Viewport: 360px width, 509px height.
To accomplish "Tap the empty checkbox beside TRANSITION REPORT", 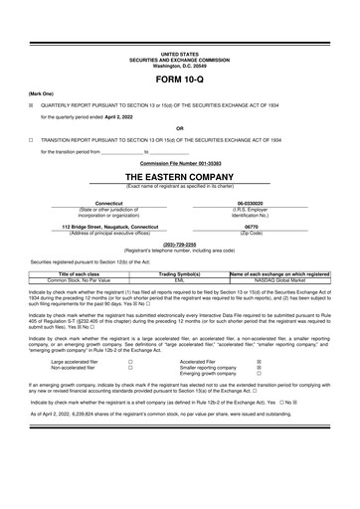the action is click(x=31, y=140).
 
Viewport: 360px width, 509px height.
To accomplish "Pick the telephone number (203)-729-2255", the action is click(x=179, y=244).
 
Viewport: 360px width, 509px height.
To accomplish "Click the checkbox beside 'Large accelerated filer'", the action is click(x=130, y=362).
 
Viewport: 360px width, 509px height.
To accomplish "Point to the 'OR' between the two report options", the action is click(x=179, y=128).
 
